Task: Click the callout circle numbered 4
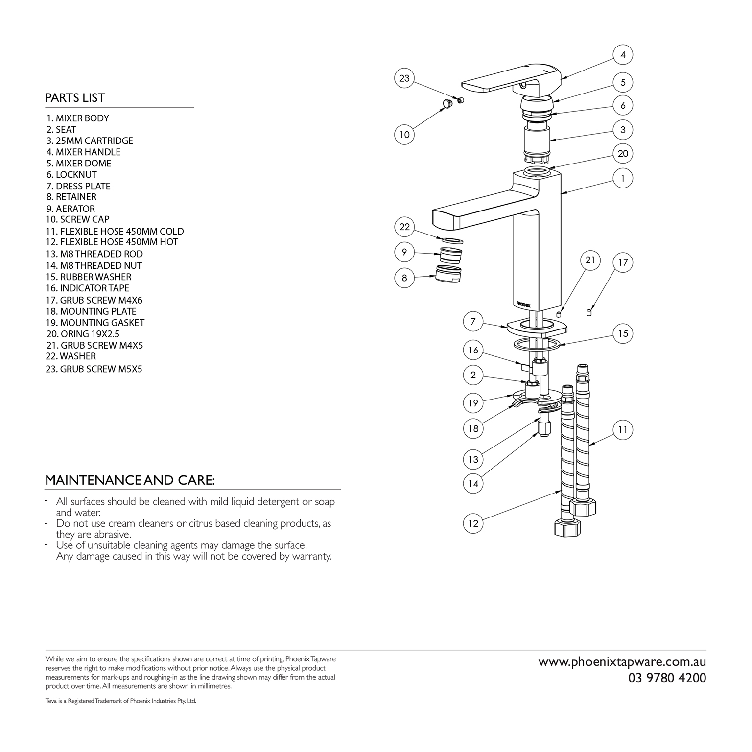[623, 55]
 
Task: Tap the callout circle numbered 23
[404, 78]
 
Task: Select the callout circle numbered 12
[473, 523]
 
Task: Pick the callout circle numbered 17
[623, 263]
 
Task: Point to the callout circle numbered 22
[404, 227]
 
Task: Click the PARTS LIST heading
[75, 98]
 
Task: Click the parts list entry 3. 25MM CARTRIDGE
[90, 141]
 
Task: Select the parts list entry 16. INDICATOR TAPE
[87, 288]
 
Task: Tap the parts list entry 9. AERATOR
[70, 209]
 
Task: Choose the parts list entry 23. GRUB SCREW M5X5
[94, 369]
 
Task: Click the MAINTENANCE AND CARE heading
[130, 480]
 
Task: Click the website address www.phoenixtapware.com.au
[622, 662]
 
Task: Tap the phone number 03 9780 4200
[667, 678]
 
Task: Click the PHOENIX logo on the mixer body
[523, 304]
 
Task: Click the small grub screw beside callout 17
[589, 312]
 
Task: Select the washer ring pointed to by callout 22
[452, 240]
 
